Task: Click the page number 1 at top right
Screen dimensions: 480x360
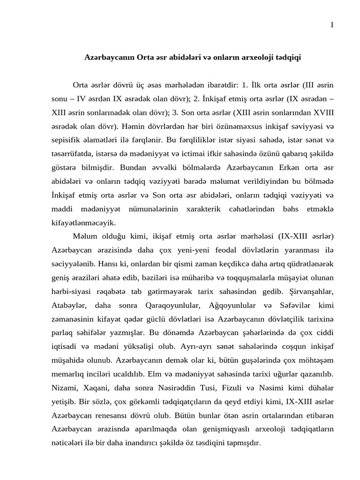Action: point(332,25)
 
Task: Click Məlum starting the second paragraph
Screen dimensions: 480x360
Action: point(84,235)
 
